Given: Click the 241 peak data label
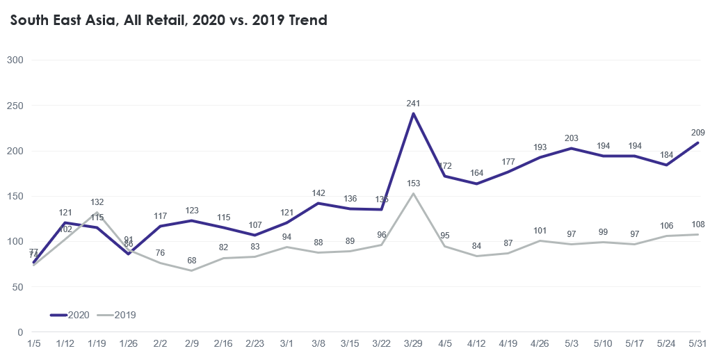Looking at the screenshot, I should [x=414, y=104].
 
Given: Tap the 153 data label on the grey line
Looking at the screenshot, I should [x=414, y=183].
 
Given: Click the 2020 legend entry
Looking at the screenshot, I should [x=70, y=315].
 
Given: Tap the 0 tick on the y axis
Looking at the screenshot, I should [x=21, y=333].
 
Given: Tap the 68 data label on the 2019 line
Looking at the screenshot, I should [x=192, y=261].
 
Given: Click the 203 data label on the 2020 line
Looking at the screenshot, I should [x=572, y=138].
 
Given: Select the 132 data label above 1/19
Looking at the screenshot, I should [x=97, y=202].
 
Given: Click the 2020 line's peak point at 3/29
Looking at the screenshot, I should [x=414, y=114].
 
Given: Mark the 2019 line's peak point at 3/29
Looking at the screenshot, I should [x=414, y=194].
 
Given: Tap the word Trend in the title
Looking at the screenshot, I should [x=304, y=20].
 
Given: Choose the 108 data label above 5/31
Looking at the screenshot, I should [x=698, y=224].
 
